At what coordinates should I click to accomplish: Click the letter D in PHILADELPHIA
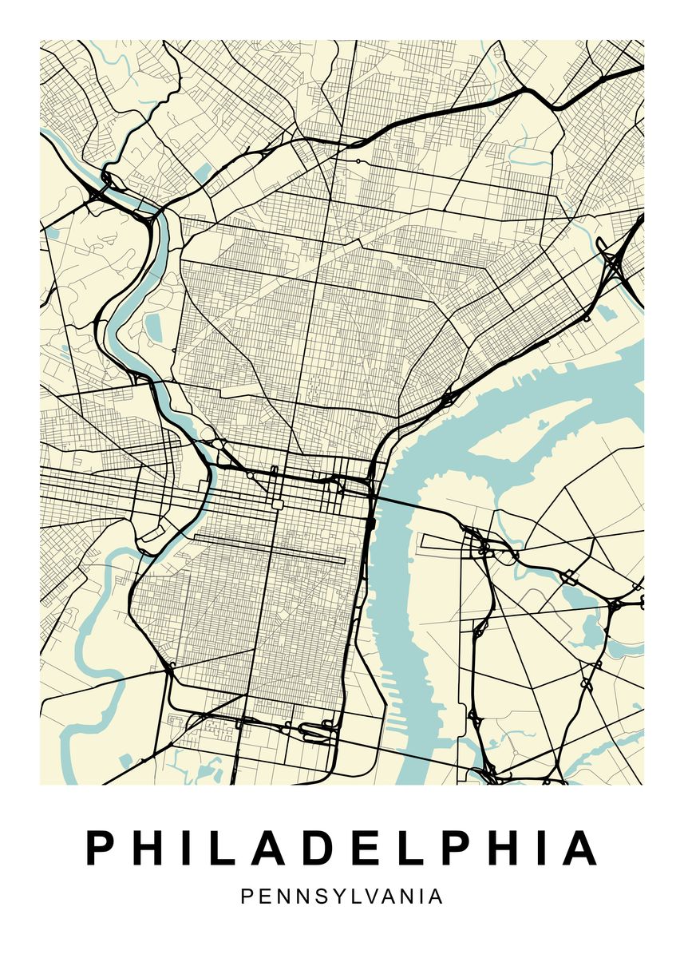(x=301, y=848)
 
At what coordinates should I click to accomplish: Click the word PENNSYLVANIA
(x=342, y=897)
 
